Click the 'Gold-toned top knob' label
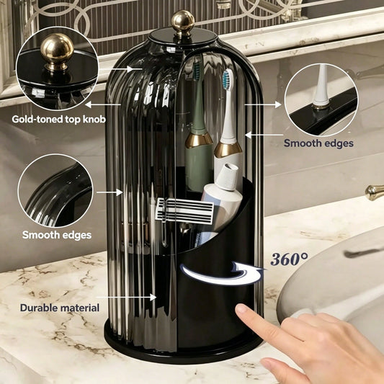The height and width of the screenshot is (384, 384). [x=59, y=120]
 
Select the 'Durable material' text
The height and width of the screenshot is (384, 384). [x=60, y=308]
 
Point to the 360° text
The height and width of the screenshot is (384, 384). [x=289, y=259]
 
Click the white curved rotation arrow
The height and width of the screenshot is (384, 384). [x=222, y=274]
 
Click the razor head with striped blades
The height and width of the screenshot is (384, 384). [x=184, y=210]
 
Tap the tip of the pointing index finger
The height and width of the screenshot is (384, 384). [x=241, y=309]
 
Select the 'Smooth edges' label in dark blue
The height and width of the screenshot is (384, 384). [x=318, y=143]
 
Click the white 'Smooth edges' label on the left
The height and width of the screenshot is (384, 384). [x=57, y=235]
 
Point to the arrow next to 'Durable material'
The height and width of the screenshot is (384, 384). [x=127, y=298]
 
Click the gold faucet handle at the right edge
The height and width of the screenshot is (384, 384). [x=374, y=192]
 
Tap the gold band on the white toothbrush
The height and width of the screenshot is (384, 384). [x=228, y=150]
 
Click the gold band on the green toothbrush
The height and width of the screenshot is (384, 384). [x=199, y=140]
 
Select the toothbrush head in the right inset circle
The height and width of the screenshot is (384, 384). [x=321, y=88]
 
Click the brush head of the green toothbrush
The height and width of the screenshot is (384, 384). [x=197, y=72]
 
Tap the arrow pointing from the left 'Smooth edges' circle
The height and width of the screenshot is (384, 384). [x=110, y=192]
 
